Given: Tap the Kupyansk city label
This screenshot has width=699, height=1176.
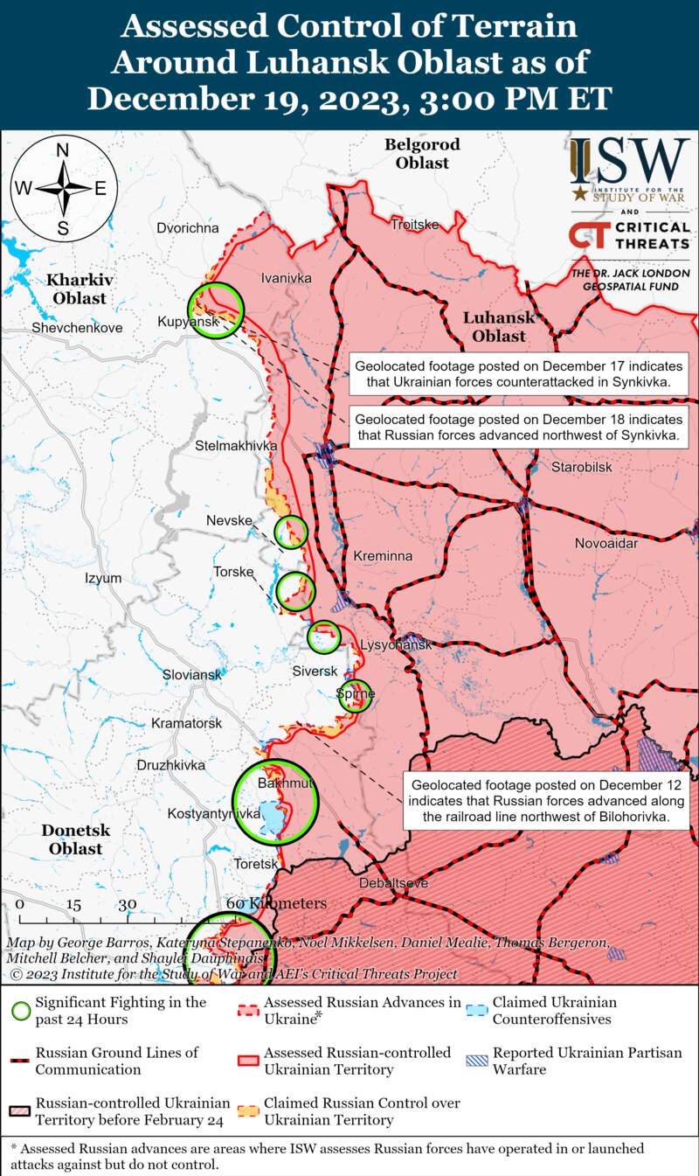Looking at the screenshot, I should click(187, 323).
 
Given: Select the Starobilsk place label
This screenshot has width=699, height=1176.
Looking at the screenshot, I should click(581, 468).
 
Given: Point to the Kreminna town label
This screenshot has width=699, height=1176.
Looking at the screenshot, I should click(383, 556).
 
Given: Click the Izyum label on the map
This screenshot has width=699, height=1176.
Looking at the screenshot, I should click(104, 578).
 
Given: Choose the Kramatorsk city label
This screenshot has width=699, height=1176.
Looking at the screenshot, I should click(186, 724).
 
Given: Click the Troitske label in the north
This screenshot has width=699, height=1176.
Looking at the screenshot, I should click(414, 225).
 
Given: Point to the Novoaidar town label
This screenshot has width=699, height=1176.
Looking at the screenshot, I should click(606, 544).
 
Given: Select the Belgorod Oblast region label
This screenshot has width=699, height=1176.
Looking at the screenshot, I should click(422, 153).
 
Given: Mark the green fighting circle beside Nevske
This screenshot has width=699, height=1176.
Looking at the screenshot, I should click(291, 531).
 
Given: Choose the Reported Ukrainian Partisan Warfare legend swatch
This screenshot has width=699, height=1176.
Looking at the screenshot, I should click(476, 1061).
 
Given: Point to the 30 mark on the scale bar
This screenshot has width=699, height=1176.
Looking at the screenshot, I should click(128, 904).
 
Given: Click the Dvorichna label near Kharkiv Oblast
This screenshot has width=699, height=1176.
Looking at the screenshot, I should click(189, 228).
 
